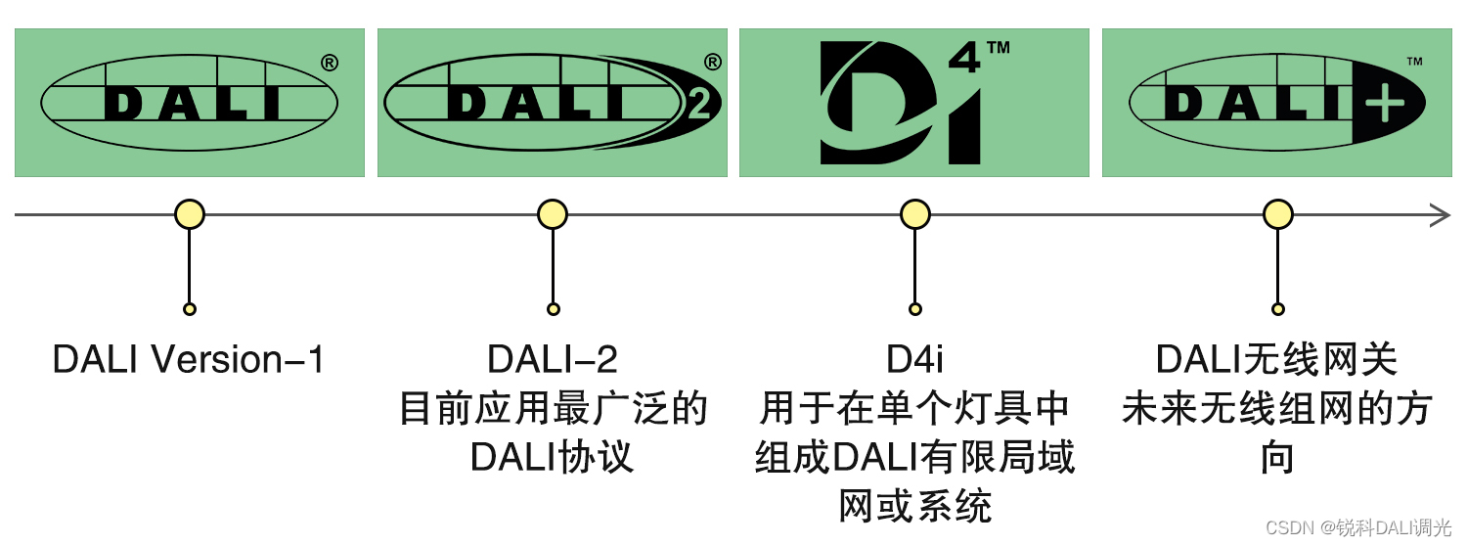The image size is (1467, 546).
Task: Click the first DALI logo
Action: click(190, 103)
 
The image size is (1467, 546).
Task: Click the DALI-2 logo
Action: click(552, 103)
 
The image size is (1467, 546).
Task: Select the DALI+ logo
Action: click(1276, 103)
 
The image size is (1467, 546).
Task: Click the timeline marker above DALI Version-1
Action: click(190, 214)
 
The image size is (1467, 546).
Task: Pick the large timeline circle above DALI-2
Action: click(553, 214)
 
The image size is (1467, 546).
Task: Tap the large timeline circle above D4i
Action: click(914, 214)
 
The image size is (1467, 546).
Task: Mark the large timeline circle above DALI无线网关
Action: click(1277, 214)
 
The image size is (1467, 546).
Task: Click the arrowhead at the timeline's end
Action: click(1442, 214)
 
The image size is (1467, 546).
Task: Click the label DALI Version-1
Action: click(188, 360)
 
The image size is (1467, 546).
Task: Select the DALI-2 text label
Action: click(553, 360)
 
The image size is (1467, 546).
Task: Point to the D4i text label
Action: click(914, 360)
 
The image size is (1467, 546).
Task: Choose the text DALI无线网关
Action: click(1276, 360)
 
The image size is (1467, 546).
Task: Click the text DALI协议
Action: click(553, 458)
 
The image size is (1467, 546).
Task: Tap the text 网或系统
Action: click(914, 507)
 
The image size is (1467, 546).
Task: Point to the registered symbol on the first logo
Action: click(330, 64)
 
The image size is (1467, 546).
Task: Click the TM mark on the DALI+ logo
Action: click(1414, 62)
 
